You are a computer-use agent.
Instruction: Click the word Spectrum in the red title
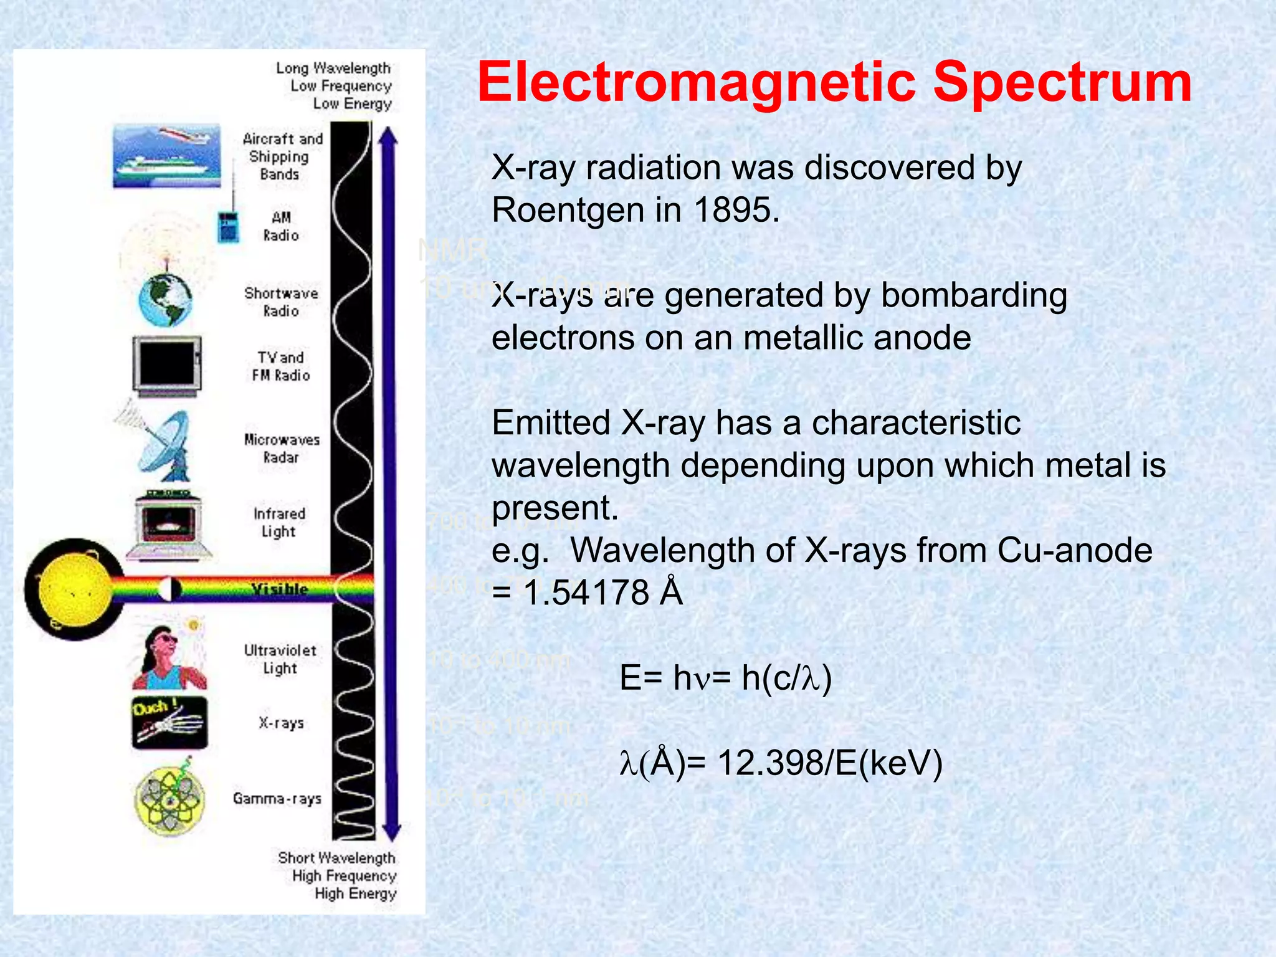(1062, 83)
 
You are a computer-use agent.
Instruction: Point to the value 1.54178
(586, 592)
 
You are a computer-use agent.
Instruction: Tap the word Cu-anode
(1074, 550)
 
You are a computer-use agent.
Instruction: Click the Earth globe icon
(166, 300)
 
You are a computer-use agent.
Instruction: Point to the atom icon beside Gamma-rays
(169, 800)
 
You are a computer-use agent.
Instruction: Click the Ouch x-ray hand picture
(169, 723)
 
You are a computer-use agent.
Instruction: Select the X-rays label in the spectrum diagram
(281, 723)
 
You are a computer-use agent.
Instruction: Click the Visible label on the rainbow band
(279, 589)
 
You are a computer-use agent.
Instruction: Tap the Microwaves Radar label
(282, 448)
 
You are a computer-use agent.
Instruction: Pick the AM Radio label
(280, 226)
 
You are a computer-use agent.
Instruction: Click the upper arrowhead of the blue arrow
(388, 136)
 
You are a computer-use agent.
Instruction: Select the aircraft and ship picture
(167, 156)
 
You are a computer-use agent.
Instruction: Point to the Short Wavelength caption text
(336, 858)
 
